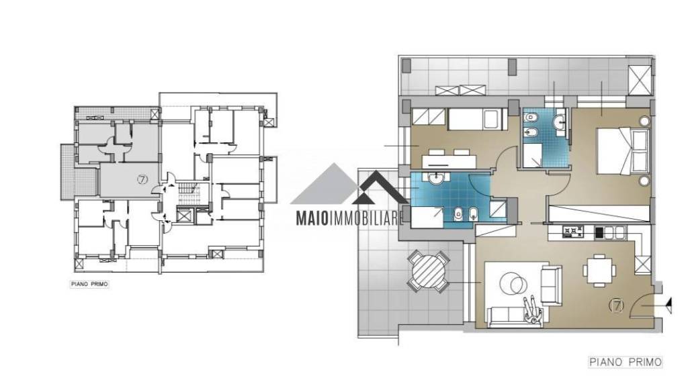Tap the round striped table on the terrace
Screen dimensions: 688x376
click(428, 271)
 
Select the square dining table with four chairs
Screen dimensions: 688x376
click(599, 270)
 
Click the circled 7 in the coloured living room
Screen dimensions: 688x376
click(617, 305)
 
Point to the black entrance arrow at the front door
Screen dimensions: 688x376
click(669, 305)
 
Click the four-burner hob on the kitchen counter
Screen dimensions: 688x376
click(573, 232)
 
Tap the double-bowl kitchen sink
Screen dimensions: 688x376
click(615, 232)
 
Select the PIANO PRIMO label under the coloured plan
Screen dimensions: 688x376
click(626, 362)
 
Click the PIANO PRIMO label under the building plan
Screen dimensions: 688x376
click(89, 284)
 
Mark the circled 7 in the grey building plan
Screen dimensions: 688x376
click(141, 179)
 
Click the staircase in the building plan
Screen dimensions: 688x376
click(189, 189)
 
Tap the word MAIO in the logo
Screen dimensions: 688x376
click(312, 218)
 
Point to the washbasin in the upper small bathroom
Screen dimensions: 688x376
click(559, 122)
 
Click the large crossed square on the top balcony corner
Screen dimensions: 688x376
click(640, 80)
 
